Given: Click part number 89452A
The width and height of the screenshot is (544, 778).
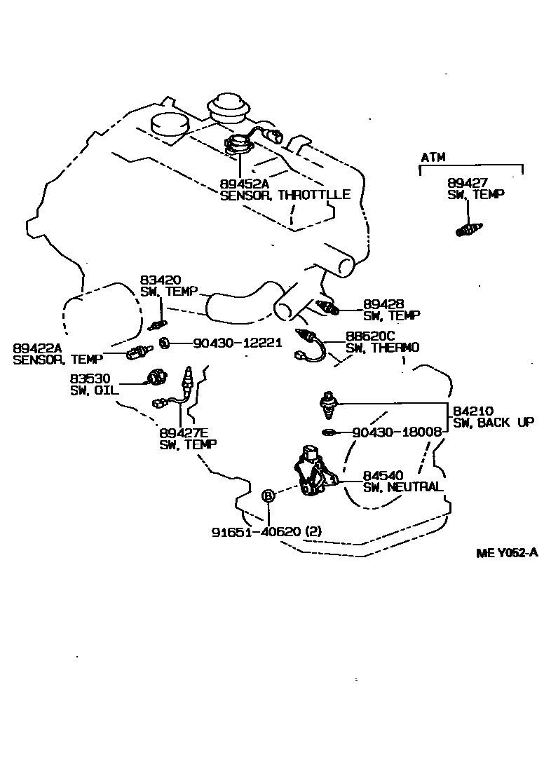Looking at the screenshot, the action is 244,184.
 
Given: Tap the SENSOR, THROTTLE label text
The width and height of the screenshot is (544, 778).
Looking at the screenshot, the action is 285,195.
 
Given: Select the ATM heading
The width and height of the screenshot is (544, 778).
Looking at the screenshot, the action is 433,157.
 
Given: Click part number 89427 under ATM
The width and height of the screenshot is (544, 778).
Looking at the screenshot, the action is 468,183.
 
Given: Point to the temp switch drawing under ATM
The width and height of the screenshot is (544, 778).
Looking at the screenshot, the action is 468,229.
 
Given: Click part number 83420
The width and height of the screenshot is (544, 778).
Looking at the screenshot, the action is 161,280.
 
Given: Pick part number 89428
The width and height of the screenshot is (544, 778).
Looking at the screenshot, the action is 383,303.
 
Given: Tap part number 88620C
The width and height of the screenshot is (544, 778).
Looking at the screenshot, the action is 370,336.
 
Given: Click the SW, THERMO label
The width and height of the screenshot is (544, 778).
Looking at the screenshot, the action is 383,348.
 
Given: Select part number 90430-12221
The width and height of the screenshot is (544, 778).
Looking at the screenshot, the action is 237,342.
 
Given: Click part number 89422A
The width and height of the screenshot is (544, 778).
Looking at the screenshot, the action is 37,348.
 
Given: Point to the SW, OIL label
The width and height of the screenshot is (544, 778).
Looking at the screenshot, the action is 95,390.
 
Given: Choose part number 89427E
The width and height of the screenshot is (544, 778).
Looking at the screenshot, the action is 184,432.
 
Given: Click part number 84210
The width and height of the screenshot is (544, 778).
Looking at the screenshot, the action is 473,411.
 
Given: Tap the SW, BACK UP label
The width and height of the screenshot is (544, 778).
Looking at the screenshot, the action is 494,422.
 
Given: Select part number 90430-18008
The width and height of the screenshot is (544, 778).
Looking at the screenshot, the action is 397,432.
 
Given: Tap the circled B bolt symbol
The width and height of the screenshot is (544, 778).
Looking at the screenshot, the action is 268,495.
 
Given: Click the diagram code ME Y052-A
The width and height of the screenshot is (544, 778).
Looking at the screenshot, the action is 507,552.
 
